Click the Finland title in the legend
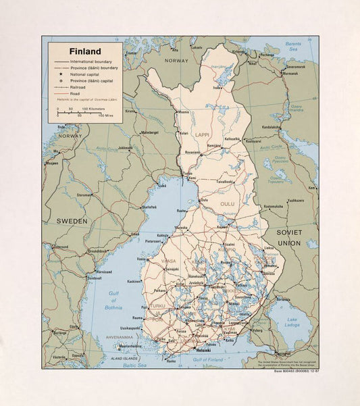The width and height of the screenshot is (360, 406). point(84,51)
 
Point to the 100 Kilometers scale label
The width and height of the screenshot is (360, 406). point(94,108)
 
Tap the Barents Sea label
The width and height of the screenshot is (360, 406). point(293,46)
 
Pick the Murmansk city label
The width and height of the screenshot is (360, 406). point(291,73)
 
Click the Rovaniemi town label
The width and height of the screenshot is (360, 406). point(192,152)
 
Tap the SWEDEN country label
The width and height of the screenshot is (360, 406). point(72,221)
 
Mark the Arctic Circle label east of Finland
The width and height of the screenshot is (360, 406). point(272,146)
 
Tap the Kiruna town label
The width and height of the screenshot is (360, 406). point(130,111)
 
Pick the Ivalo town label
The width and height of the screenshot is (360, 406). point(217,87)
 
